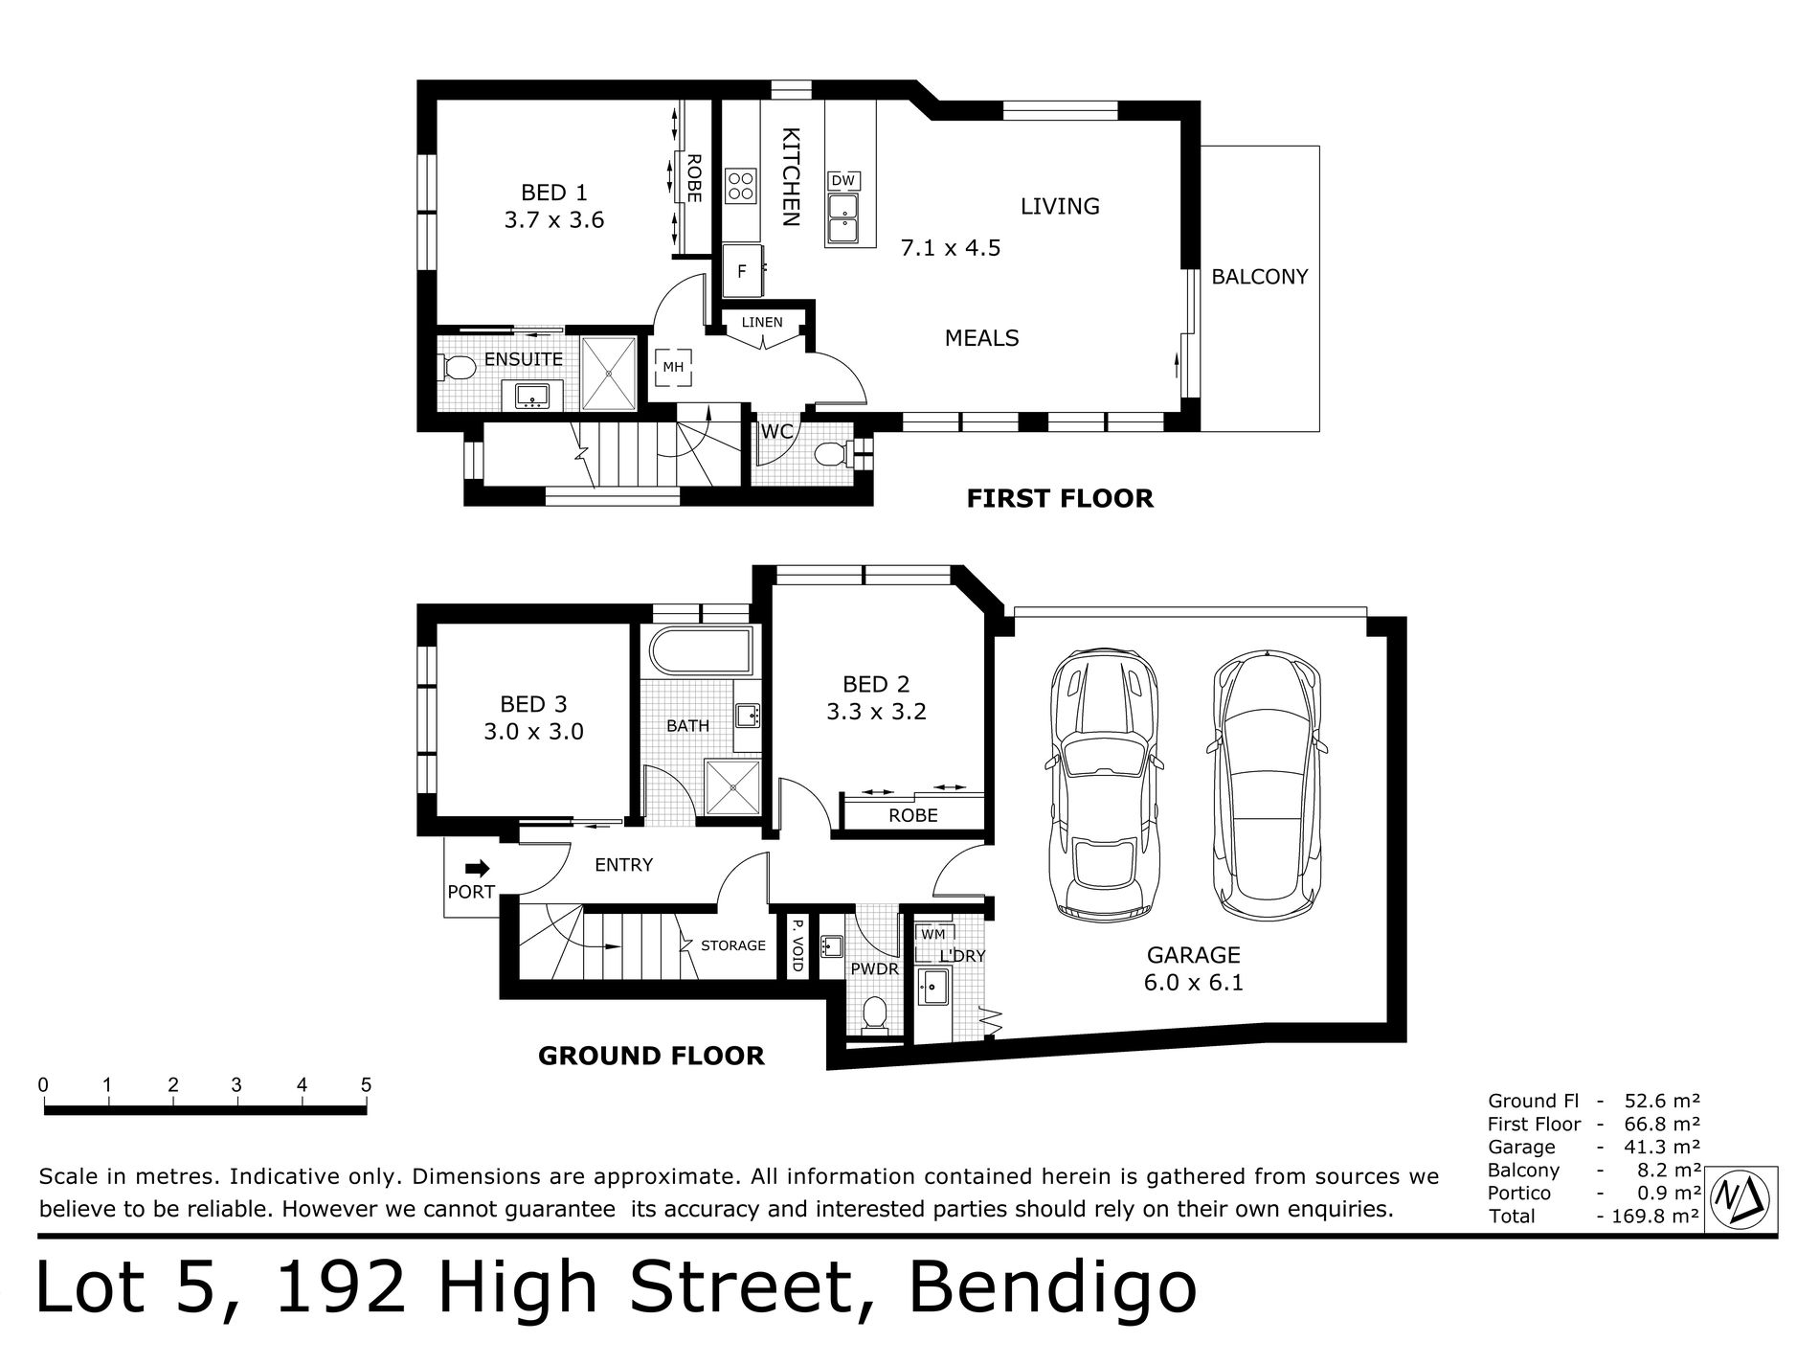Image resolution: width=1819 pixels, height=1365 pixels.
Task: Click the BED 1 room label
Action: click(x=556, y=193)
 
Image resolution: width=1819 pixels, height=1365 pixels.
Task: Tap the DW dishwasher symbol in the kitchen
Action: click(x=842, y=180)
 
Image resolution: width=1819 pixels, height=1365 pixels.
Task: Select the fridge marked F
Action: click(x=742, y=271)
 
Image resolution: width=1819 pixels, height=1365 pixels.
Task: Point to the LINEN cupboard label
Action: click(x=762, y=323)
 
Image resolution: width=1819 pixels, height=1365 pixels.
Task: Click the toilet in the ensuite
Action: click(x=459, y=367)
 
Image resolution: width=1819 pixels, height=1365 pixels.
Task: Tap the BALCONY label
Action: click(x=1259, y=277)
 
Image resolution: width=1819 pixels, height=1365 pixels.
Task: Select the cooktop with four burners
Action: click(x=740, y=185)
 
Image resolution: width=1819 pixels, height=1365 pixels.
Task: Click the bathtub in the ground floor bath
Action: click(x=701, y=651)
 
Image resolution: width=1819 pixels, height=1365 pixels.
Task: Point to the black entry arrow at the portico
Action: click(x=477, y=868)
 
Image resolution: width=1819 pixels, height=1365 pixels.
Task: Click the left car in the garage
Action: click(x=1107, y=783)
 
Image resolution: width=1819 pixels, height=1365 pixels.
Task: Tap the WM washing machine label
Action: click(x=932, y=933)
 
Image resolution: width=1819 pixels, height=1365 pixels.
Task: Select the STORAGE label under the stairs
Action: click(x=733, y=945)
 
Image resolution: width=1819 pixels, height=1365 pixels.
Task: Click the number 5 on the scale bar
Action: click(x=366, y=1085)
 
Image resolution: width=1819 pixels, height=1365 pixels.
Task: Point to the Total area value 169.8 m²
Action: click(x=1654, y=1216)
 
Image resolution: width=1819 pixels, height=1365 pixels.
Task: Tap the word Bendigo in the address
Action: click(x=1051, y=1288)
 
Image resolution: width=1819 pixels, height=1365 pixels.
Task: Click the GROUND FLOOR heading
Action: click(x=651, y=1056)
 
